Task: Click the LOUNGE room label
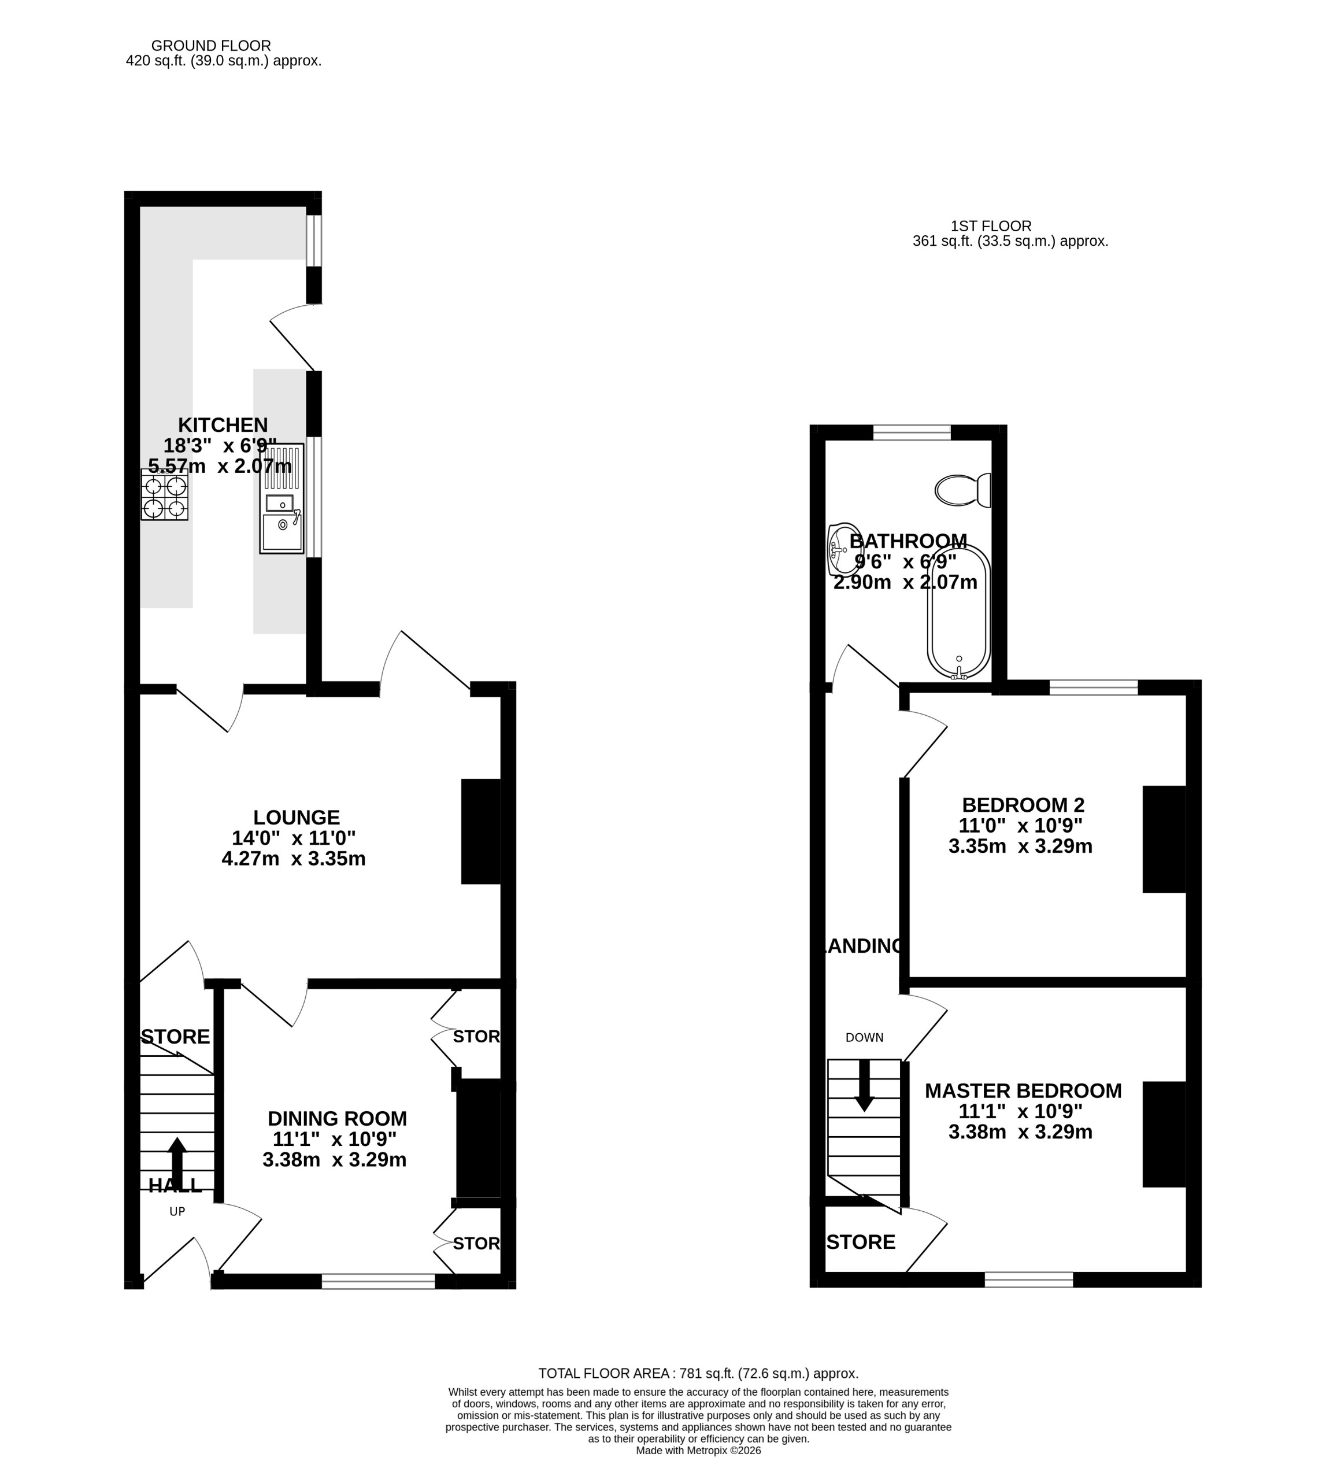pos(297,818)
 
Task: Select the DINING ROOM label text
pos(337,1119)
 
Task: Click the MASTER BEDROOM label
pos(1023,1090)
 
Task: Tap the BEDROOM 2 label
pos(1023,805)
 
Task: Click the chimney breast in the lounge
pos(480,831)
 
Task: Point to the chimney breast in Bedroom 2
pos(1164,839)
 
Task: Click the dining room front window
pos(378,1281)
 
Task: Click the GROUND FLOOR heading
pos(211,46)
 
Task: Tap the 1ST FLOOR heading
pos(990,226)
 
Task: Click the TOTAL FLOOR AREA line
pos(698,1373)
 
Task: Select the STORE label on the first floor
pos(861,1242)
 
